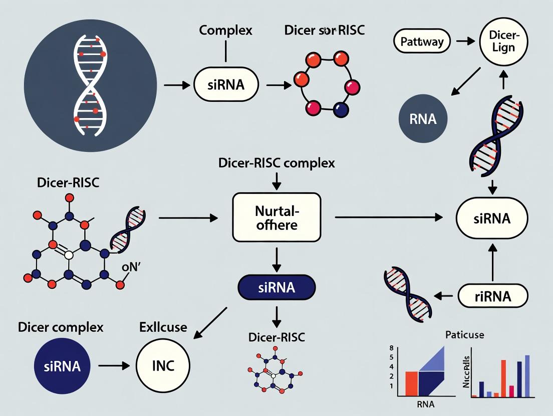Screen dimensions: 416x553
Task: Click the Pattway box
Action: click(422, 41)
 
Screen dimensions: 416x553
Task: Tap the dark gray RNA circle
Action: click(423, 119)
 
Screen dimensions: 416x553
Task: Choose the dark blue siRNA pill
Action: click(276, 288)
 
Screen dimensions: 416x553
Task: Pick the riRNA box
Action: click(493, 296)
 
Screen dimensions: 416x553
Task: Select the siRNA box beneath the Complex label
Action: click(226, 84)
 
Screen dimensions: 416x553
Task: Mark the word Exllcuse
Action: click(162, 328)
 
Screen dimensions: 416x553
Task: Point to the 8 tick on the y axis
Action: click(391, 347)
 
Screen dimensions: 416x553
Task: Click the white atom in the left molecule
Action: click(69, 255)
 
